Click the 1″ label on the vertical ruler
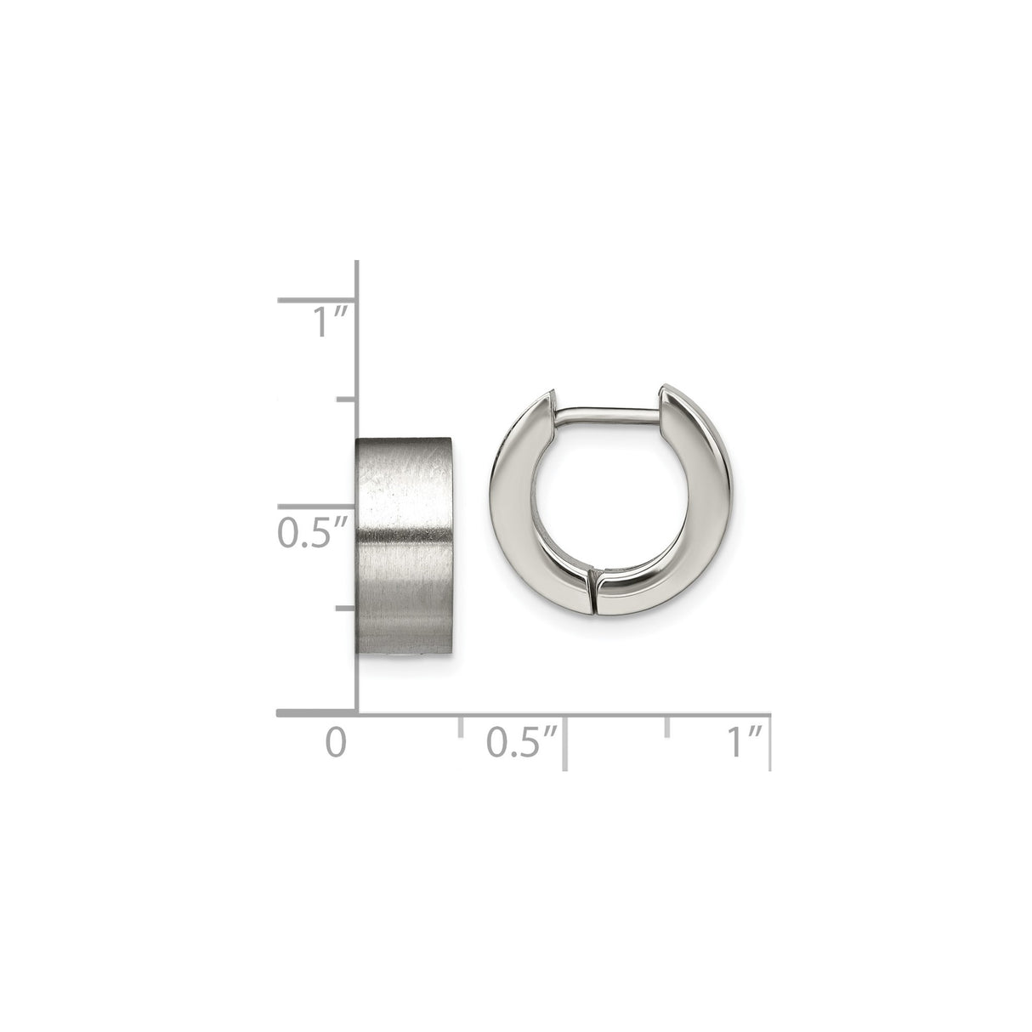pyautogui.click(x=329, y=321)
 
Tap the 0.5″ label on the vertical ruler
pyautogui.click(x=313, y=532)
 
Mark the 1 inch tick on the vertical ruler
pyautogui.click(x=316, y=300)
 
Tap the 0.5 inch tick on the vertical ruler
pyautogui.click(x=316, y=506)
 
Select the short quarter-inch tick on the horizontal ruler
pyautogui.click(x=460, y=727)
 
